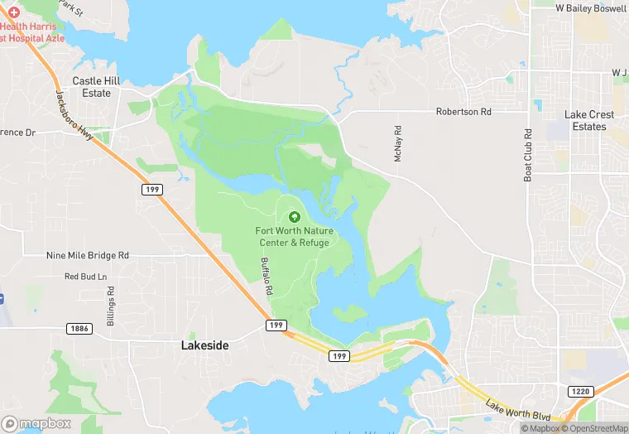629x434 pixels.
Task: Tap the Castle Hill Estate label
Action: [x=91, y=87]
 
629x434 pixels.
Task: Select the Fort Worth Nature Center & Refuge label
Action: [x=292, y=236]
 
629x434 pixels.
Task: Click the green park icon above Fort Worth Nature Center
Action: [x=294, y=216]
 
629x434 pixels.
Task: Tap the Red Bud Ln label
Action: [x=86, y=276]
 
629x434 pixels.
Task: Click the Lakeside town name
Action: [x=204, y=345]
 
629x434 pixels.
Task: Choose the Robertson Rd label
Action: [x=463, y=111]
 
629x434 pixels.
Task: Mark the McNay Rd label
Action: [x=398, y=142]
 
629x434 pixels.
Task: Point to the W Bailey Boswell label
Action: [x=591, y=7]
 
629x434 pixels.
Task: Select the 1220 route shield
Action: [x=580, y=390]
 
